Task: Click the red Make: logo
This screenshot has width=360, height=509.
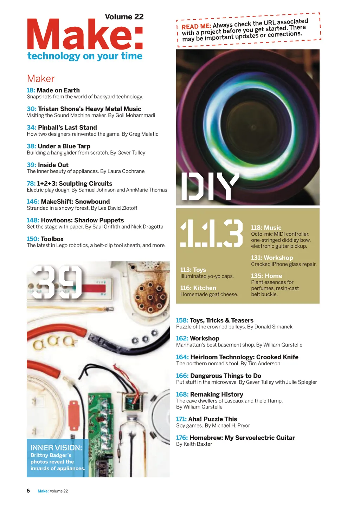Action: pos(84,34)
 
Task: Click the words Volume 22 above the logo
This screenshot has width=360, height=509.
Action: pos(124,17)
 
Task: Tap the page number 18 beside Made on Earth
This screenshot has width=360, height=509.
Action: pos(31,90)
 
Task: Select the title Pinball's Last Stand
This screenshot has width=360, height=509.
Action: pos(67,128)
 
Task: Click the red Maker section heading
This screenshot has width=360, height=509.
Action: pos(41,78)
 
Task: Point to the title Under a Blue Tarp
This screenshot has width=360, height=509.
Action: pos(64,146)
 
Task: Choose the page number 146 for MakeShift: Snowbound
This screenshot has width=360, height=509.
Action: pos(33,202)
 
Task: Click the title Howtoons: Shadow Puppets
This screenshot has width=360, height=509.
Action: pos(82,220)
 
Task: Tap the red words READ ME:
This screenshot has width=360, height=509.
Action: pos(196,26)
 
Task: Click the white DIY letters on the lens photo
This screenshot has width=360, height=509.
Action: pos(210,187)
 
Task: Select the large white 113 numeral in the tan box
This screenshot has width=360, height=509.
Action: pos(211,233)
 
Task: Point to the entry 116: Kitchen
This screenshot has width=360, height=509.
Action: pos(198,288)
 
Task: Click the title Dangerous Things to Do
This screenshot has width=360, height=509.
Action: pos(225,376)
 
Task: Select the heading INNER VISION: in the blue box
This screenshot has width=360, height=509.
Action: pos(56,448)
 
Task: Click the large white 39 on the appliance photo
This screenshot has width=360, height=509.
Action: pos(57,282)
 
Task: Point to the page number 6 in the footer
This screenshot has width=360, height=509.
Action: pos(28,491)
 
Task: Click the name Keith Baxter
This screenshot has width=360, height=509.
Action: pos(198,444)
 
